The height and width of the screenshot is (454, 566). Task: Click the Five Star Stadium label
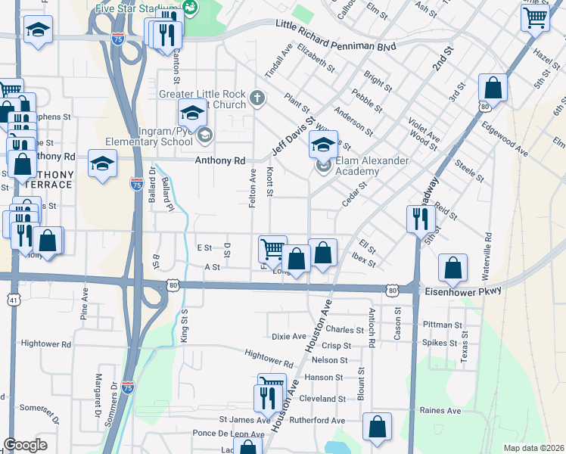tap(136, 9)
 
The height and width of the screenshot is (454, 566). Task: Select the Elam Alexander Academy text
tap(373, 166)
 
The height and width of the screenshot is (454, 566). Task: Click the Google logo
tap(25, 445)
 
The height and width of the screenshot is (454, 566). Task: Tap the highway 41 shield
tap(14, 279)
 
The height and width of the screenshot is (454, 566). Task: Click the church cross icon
tap(257, 98)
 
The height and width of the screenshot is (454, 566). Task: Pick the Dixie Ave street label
tap(288, 336)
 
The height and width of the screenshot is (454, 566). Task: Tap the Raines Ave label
tap(441, 411)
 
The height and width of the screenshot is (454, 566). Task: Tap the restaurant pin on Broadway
tap(419, 219)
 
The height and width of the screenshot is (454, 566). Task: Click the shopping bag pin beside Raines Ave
tap(376, 426)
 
